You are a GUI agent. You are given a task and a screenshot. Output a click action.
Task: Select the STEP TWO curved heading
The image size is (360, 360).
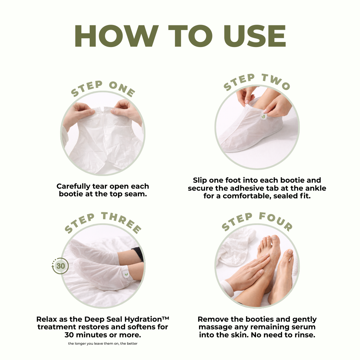tap(257, 82)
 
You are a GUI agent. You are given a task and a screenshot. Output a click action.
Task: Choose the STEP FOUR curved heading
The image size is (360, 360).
tap(257, 221)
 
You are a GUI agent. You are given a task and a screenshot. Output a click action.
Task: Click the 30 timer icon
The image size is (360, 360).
tap(60, 266)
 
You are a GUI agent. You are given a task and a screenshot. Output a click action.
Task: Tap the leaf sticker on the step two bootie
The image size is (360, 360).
tap(264, 116)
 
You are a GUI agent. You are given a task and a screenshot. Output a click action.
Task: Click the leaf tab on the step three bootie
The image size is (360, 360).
tap(126, 274)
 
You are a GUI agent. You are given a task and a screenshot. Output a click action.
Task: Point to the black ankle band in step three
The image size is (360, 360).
tap(138, 254)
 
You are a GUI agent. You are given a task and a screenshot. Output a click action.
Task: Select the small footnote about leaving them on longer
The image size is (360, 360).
tap(103, 344)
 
